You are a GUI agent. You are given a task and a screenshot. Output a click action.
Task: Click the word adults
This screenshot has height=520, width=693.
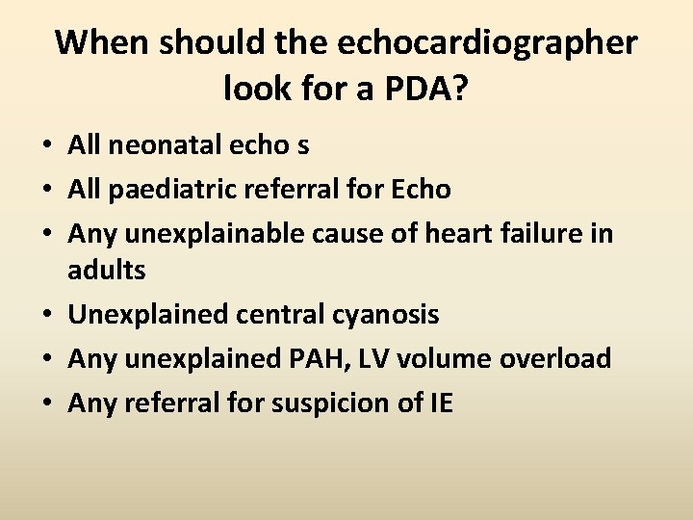point(107,271)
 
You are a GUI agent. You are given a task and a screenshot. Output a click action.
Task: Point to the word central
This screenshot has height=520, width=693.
point(275,314)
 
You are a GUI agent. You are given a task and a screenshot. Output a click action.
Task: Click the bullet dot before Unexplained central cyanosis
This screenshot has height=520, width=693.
point(46,316)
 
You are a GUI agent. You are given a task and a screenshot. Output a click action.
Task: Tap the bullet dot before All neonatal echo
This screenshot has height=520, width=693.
point(46,146)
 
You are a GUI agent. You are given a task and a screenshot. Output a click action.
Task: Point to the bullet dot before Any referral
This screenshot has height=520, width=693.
point(46,404)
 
